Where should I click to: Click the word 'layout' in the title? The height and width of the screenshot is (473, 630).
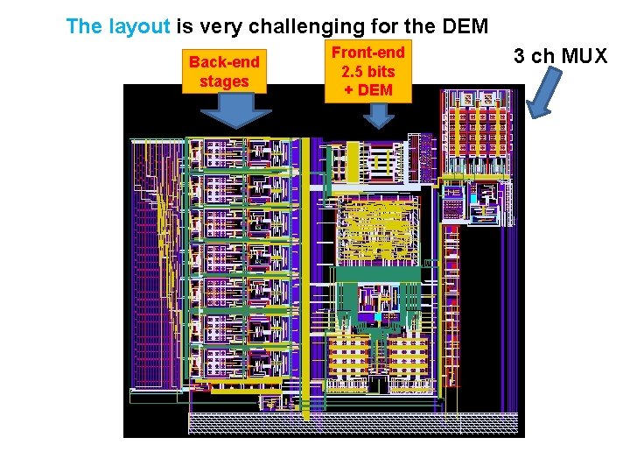click(139, 26)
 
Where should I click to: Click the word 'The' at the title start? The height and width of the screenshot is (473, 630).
click(84, 26)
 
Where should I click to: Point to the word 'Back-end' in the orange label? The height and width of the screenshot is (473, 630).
click(224, 63)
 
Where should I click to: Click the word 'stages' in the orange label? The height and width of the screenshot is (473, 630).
click(224, 81)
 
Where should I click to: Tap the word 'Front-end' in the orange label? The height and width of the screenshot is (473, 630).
click(367, 53)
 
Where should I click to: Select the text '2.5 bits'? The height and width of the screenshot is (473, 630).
click(368, 71)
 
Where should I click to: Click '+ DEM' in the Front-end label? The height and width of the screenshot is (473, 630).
click(368, 89)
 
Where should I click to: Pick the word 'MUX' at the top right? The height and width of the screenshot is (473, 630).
click(585, 57)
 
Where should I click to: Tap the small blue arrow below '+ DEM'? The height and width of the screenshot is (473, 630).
click(378, 116)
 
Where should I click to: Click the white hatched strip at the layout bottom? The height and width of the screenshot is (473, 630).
click(354, 424)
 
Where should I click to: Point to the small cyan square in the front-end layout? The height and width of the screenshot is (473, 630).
click(377, 316)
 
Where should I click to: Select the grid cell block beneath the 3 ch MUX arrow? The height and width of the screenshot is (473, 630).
click(476, 132)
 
